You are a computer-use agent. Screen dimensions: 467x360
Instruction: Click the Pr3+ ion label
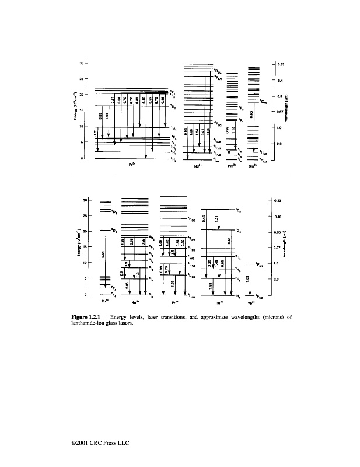pos(132,165)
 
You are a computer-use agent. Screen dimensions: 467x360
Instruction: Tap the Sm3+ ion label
pos(253,165)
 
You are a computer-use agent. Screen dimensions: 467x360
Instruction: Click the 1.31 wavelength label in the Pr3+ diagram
pos(96,135)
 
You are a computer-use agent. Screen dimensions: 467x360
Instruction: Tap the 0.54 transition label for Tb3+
pos(103,254)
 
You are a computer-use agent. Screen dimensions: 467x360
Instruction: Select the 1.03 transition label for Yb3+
pos(249,279)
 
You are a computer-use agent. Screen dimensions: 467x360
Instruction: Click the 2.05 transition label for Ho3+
pos(127,284)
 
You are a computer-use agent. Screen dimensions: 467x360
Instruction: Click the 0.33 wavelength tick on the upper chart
pos(281,63)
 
